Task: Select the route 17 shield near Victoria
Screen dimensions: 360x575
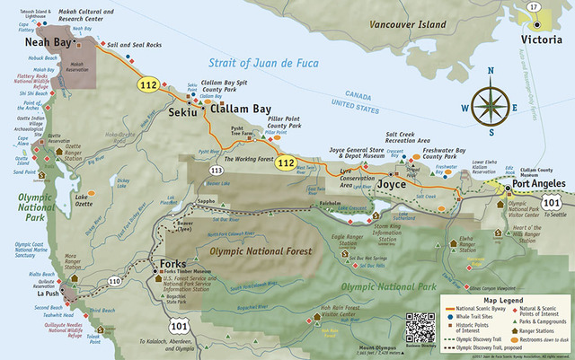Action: tap(535, 8)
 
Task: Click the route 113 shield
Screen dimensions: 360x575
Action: tap(216, 169)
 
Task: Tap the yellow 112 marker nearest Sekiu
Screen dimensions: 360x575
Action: tap(147, 85)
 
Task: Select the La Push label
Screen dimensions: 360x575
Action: tap(48, 293)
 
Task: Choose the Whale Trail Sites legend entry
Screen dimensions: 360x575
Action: tap(475, 317)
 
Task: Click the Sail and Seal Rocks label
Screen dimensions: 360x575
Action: tap(136, 43)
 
